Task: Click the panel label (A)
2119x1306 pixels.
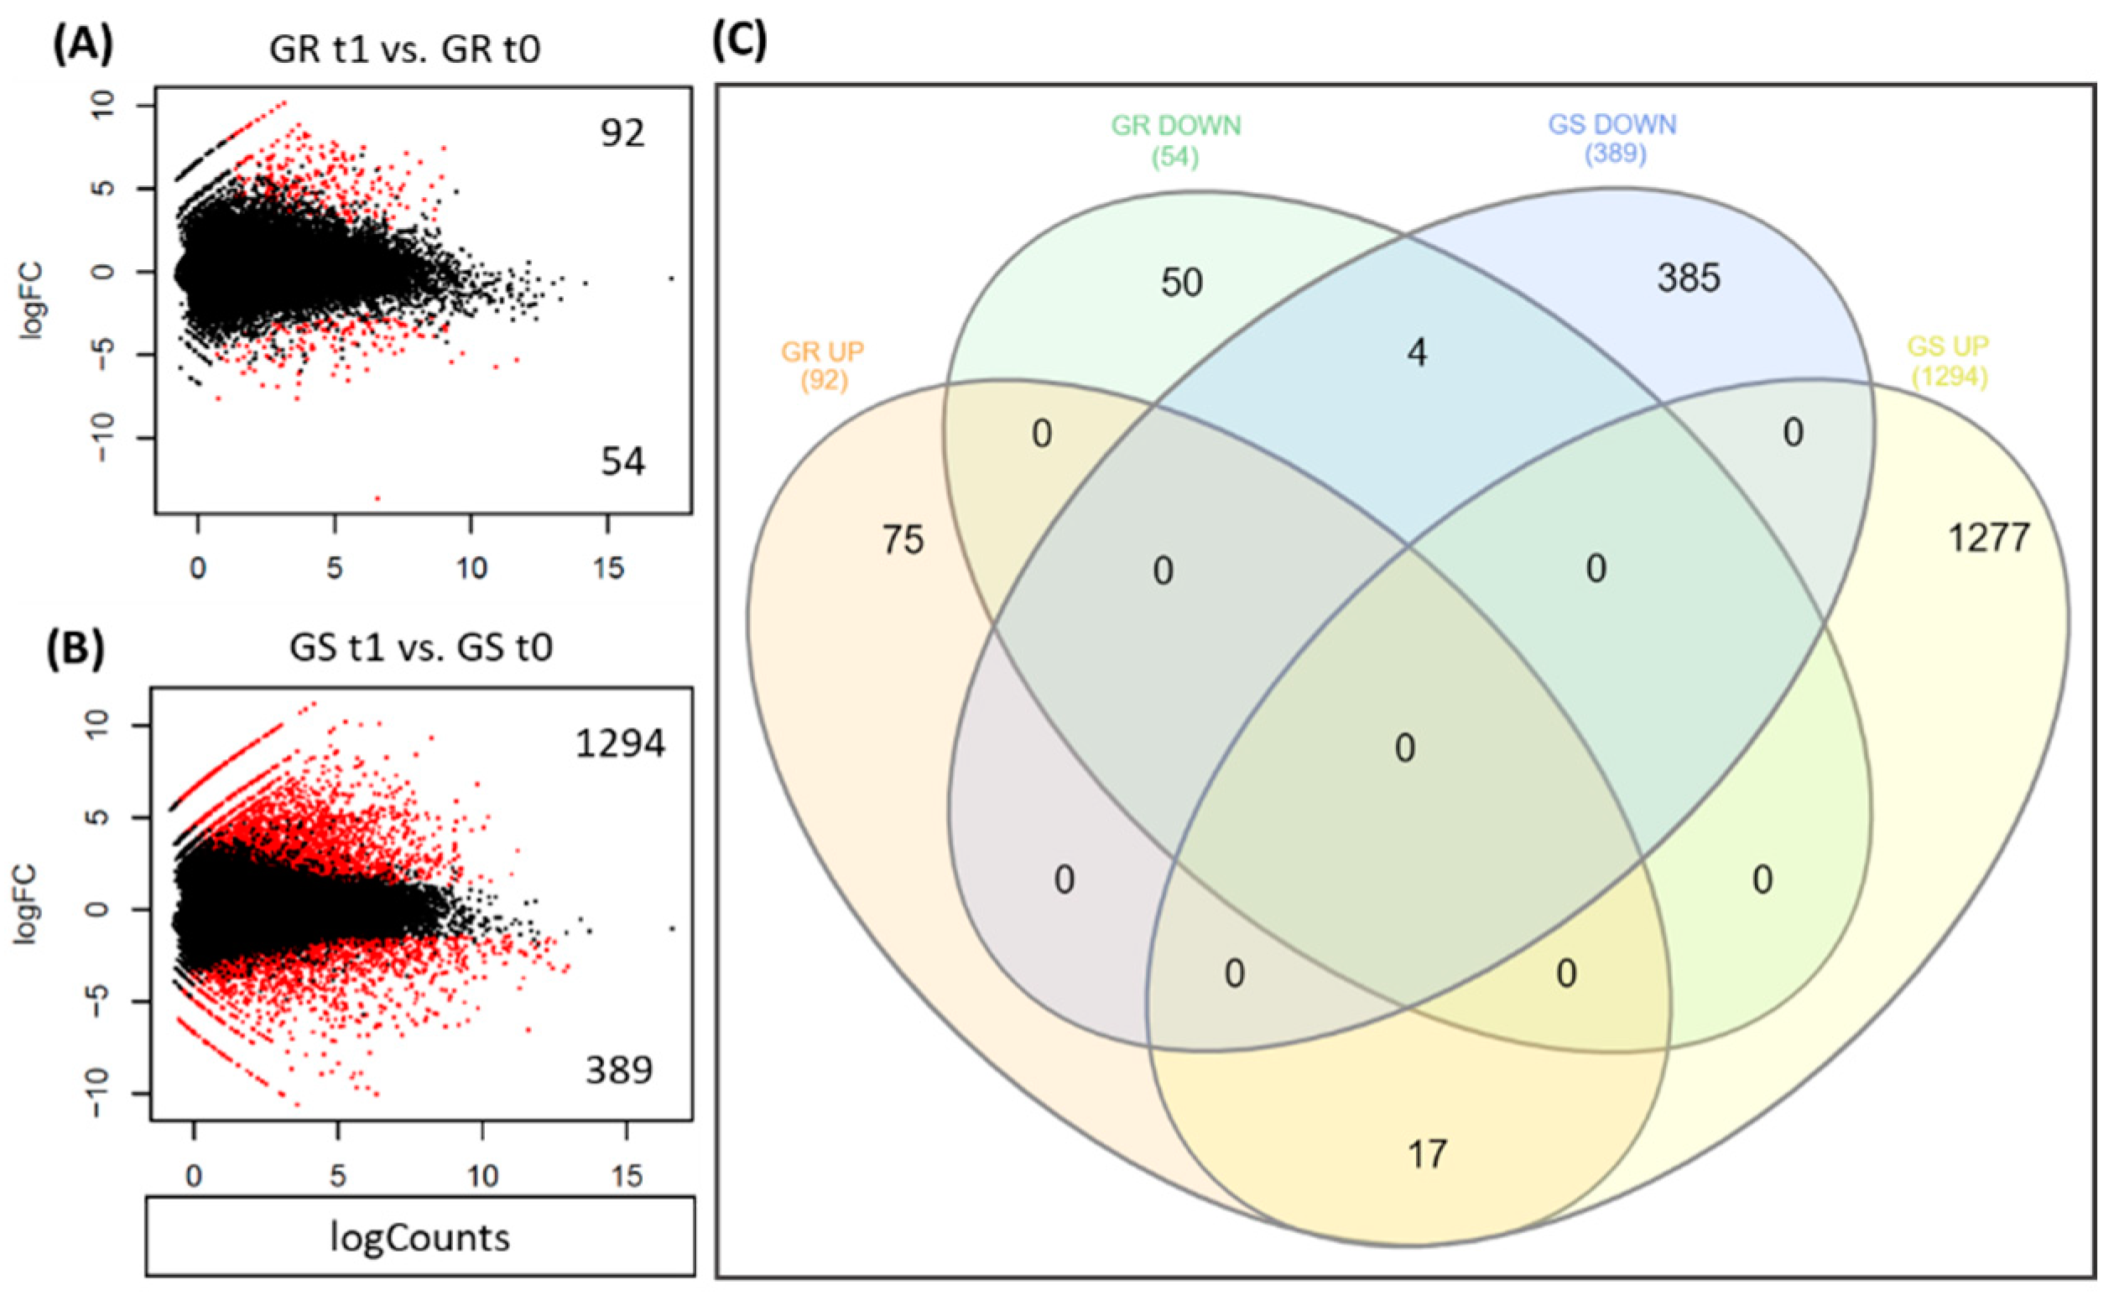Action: pos(83,46)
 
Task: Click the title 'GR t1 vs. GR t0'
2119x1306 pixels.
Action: pos(405,49)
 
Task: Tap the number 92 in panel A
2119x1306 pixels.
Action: pos(622,133)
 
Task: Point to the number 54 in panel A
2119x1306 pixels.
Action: pos(622,462)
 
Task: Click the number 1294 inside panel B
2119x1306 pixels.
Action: pos(620,744)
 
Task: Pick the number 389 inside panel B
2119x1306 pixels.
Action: pos(619,1071)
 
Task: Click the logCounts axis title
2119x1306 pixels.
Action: pos(419,1238)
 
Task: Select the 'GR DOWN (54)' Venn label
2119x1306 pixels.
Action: pos(1176,140)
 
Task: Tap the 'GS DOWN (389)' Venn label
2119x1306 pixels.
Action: pos(1613,139)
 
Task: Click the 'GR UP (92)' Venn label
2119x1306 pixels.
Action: pos(822,366)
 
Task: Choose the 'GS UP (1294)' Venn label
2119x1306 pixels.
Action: pos(1948,361)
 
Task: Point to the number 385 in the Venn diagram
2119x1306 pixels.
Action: pos(1689,278)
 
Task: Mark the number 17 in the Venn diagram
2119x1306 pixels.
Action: pos(1426,1154)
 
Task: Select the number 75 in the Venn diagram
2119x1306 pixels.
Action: pos(903,541)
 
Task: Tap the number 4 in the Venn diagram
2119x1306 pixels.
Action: pos(1417,352)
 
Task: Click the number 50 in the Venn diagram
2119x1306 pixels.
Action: pos(1181,283)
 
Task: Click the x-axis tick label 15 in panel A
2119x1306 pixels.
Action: pos(609,569)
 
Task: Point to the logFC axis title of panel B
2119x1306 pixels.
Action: pos(27,904)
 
